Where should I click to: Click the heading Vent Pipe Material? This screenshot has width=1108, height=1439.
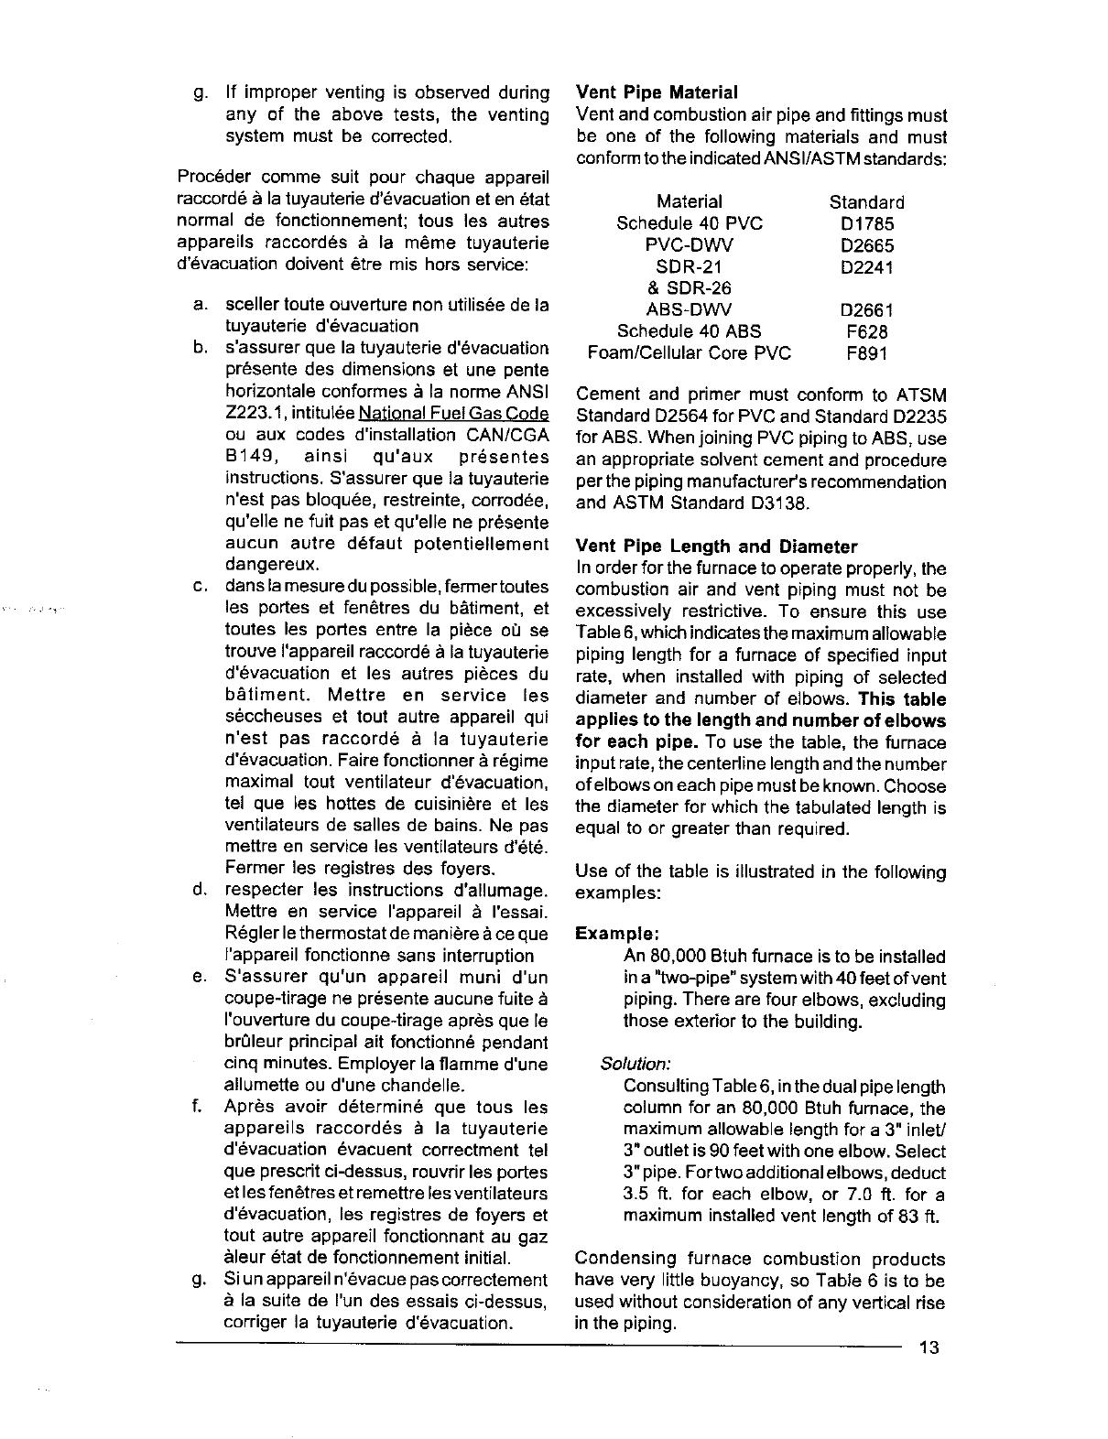point(656,92)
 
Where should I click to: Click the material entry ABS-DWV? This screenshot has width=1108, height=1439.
point(689,309)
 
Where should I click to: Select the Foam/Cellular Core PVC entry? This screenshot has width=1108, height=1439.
point(689,353)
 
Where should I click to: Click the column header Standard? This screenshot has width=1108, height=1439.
point(866,202)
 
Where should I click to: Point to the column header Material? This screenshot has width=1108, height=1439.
point(689,202)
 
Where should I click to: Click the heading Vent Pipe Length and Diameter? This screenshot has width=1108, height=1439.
point(716,546)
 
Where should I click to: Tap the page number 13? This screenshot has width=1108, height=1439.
point(930,1347)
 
